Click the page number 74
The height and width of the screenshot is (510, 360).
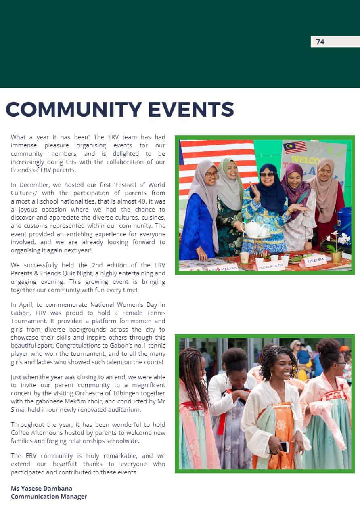coord(320,42)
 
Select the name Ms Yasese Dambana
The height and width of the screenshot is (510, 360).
coord(42,488)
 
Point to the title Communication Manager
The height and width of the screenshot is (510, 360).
coord(49,496)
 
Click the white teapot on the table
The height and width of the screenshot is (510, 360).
coord(252,229)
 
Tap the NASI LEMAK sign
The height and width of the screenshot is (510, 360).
coord(315,261)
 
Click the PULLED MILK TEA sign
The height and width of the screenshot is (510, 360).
coord(271,265)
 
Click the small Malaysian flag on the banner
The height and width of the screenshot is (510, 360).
coord(295,147)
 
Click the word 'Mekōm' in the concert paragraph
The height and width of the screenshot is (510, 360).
coord(103,401)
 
